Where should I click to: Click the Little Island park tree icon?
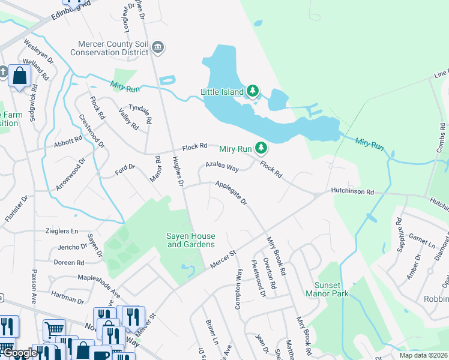click(253, 91)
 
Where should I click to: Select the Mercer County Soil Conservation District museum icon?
click(158, 47)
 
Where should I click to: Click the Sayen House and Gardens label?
click(190, 240)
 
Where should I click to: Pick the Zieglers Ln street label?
click(61, 231)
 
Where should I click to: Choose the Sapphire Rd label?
click(399, 230)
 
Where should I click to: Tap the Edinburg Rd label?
click(70, 10)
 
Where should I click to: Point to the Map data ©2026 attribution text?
click(423, 355)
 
